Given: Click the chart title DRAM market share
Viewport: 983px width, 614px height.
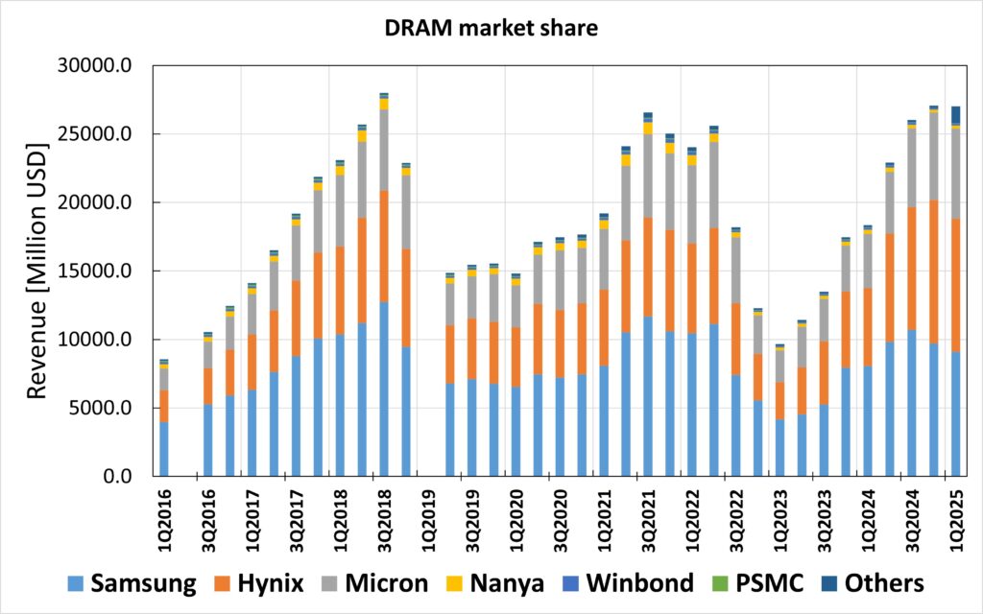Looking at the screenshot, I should pos(491,29).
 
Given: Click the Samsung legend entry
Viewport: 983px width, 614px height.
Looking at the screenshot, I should pos(132,583).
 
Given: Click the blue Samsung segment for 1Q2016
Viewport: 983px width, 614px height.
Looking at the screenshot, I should pos(164,449).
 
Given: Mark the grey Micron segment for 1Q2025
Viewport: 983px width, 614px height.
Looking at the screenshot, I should pos(955,174).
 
